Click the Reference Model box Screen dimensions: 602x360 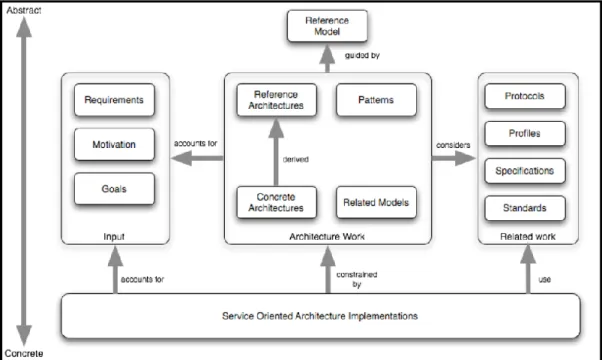point(327,26)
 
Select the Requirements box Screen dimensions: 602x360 point(114,100)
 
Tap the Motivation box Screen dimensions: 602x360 point(114,144)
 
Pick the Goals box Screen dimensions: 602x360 point(114,189)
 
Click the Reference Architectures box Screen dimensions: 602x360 point(276,100)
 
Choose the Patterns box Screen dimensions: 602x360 point(376,100)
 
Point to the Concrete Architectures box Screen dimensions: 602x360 point(276,202)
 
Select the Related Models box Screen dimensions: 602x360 point(376,202)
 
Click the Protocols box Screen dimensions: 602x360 point(525,96)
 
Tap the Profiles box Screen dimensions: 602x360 point(525,134)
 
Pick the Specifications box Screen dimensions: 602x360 point(525,171)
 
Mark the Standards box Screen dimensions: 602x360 point(525,208)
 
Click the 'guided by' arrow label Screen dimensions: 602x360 point(362,56)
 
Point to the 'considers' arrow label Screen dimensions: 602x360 point(453,145)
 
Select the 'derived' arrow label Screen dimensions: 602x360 point(296,159)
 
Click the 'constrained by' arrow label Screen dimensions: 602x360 point(357,279)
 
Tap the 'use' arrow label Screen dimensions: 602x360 point(544,279)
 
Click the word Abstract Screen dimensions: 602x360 point(24,10)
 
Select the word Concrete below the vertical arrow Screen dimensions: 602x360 point(24,353)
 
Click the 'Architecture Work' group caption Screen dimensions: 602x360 point(327,236)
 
